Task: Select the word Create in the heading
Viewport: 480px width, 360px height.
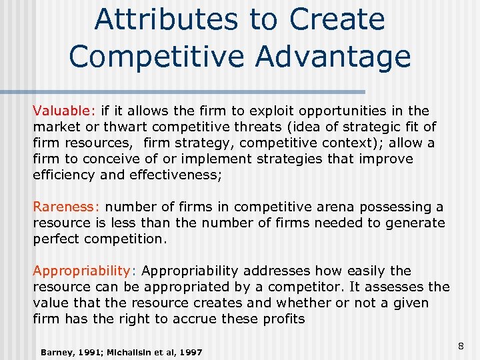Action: pos(337,19)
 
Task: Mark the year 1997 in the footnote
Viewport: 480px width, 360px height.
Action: pos(189,351)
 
